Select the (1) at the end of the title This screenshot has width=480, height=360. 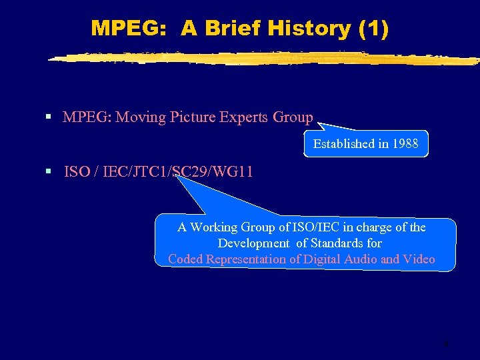click(x=373, y=28)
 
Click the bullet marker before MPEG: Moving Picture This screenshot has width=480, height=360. click(x=48, y=117)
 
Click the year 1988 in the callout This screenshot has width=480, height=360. click(x=405, y=143)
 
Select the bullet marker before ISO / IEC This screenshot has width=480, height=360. click(x=48, y=171)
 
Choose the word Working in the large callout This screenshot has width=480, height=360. click(x=214, y=227)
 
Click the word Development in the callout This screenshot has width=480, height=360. click(x=253, y=243)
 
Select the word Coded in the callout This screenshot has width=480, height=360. click(x=186, y=259)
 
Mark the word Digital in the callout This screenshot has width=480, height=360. click(x=323, y=259)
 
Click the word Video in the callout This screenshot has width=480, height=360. click(x=419, y=259)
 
